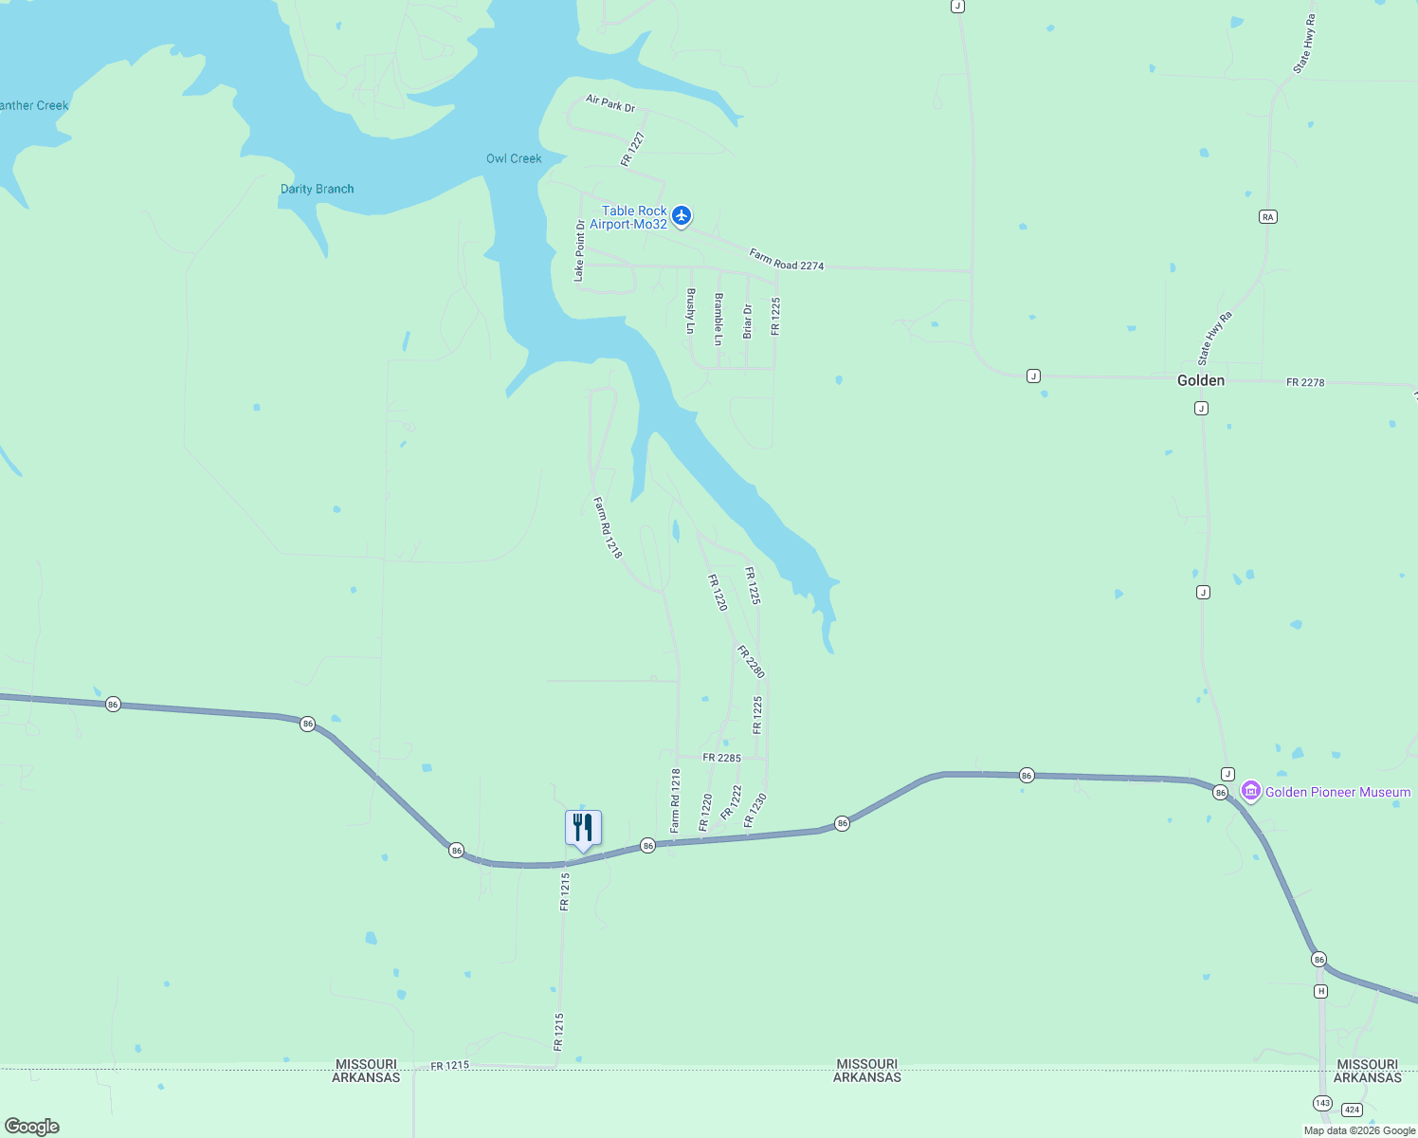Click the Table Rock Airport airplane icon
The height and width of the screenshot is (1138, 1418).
click(682, 216)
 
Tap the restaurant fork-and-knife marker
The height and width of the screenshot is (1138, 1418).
click(583, 828)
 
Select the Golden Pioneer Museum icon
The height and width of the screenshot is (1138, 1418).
click(1251, 791)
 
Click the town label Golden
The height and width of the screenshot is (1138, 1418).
click(1200, 380)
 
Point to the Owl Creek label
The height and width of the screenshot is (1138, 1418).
click(514, 158)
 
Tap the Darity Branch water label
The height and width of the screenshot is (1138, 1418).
click(317, 189)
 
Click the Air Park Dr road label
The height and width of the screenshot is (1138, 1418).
click(610, 103)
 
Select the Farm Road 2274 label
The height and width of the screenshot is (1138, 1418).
click(786, 260)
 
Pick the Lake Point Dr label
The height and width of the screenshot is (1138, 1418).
click(580, 251)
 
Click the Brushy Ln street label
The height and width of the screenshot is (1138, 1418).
click(690, 311)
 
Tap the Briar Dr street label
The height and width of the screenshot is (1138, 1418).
click(747, 321)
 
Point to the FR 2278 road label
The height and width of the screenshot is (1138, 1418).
click(1305, 382)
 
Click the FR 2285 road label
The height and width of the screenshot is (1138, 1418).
click(721, 758)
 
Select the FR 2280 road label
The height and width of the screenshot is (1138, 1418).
click(751, 662)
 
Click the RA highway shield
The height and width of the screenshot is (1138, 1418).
click(1267, 217)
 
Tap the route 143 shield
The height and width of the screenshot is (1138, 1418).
click(1322, 1103)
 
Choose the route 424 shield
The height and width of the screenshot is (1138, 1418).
click(1352, 1110)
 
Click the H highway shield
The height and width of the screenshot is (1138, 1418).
click(1320, 991)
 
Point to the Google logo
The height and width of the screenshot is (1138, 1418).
click(32, 1127)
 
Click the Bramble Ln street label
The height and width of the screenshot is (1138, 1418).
click(718, 320)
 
